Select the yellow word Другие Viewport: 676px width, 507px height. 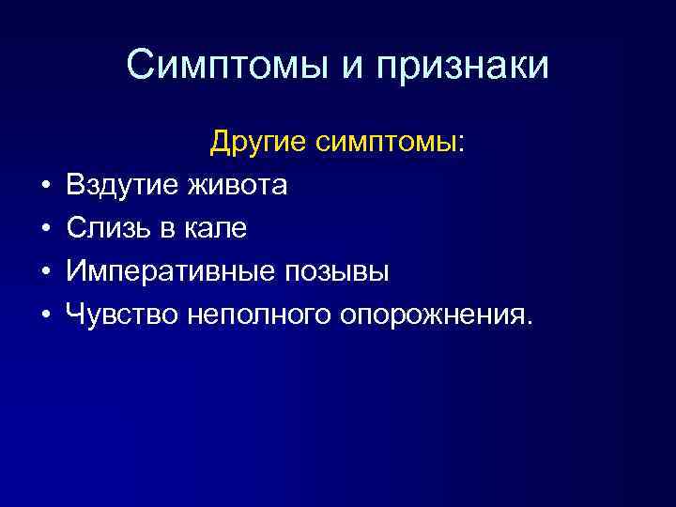pos(258,143)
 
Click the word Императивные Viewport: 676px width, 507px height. pos(165,272)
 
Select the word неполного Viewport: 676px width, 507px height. pos(252,315)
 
